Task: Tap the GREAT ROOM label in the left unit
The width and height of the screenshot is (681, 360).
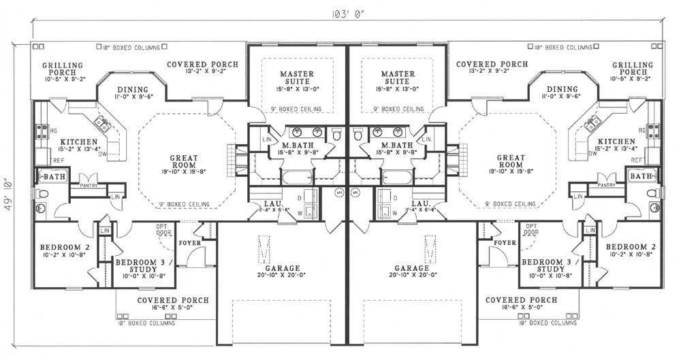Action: (x=184, y=161)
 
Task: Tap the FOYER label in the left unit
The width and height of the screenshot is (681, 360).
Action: (x=189, y=242)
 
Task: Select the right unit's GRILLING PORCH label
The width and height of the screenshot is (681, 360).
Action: (x=633, y=69)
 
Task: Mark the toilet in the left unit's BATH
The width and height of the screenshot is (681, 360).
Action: (x=42, y=194)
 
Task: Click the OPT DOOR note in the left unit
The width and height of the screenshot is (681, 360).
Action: (x=161, y=229)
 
